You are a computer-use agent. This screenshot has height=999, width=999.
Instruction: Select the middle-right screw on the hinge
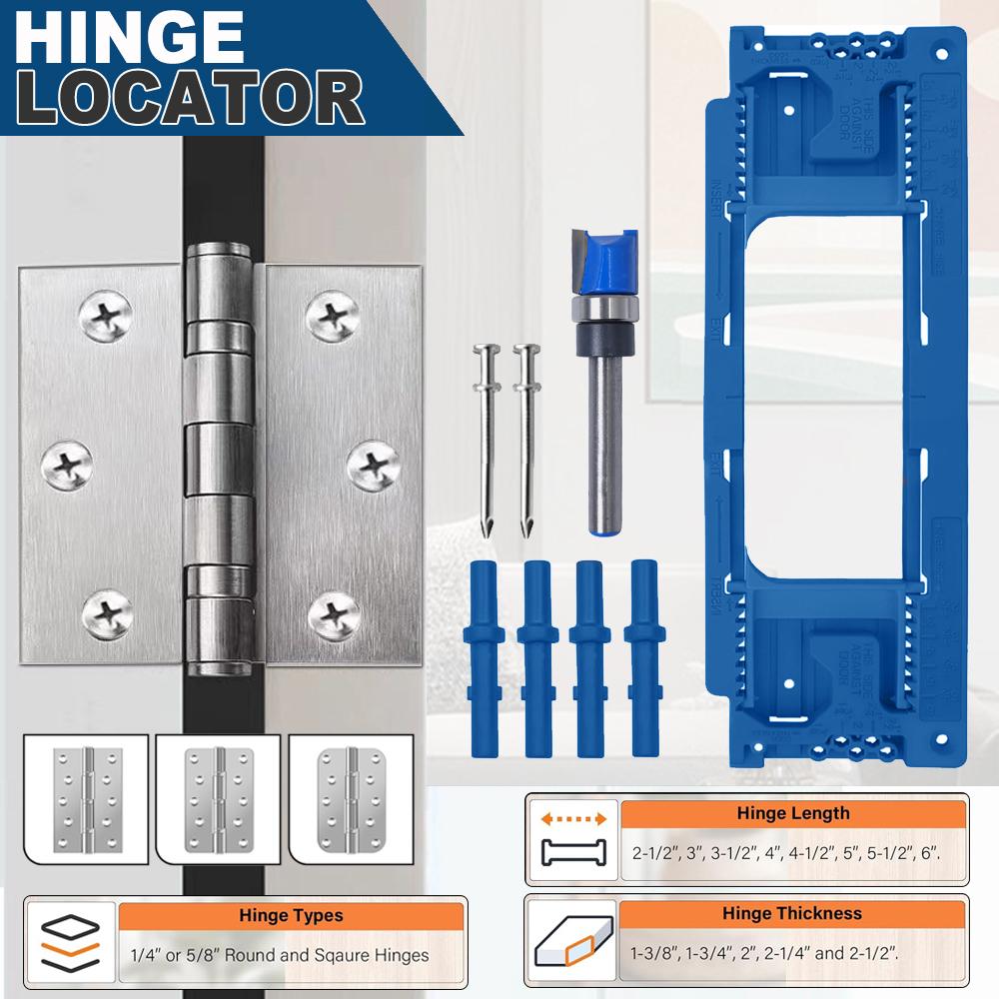click(373, 463)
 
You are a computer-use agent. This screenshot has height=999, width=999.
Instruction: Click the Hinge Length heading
click(792, 813)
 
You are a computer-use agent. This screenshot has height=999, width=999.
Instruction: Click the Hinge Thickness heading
click(792, 912)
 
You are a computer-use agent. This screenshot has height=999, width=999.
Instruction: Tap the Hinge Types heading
click(291, 914)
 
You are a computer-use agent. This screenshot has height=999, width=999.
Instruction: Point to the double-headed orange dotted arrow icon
click(573, 817)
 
